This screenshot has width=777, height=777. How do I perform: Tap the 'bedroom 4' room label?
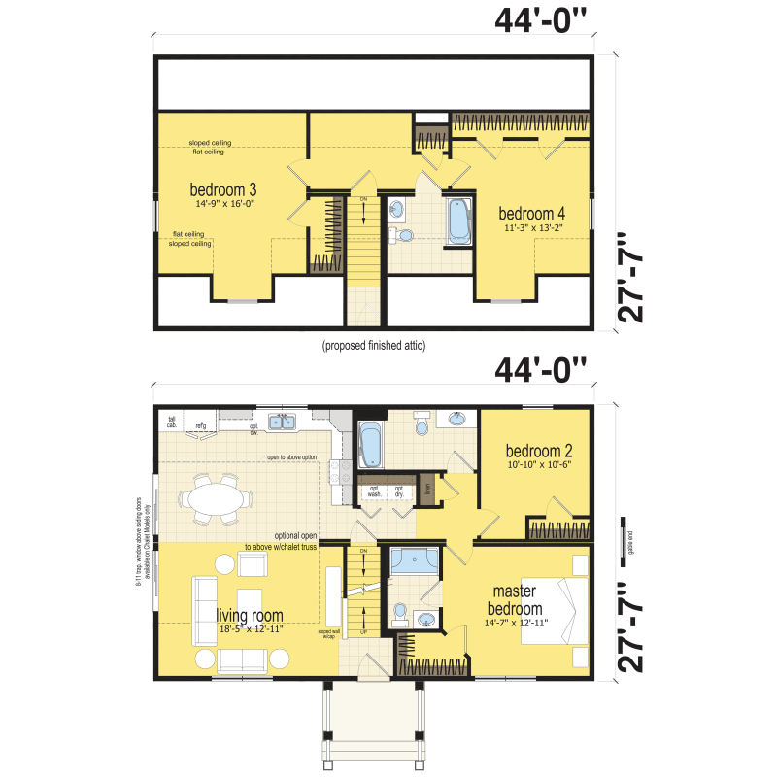(x=532, y=214)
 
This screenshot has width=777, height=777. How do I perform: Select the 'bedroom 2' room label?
(x=538, y=451)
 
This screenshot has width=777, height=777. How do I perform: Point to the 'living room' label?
(x=250, y=615)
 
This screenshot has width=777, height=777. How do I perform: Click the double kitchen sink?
(x=284, y=422)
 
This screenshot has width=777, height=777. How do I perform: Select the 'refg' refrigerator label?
(x=201, y=425)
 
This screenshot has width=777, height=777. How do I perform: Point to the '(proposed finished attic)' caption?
(x=374, y=345)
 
